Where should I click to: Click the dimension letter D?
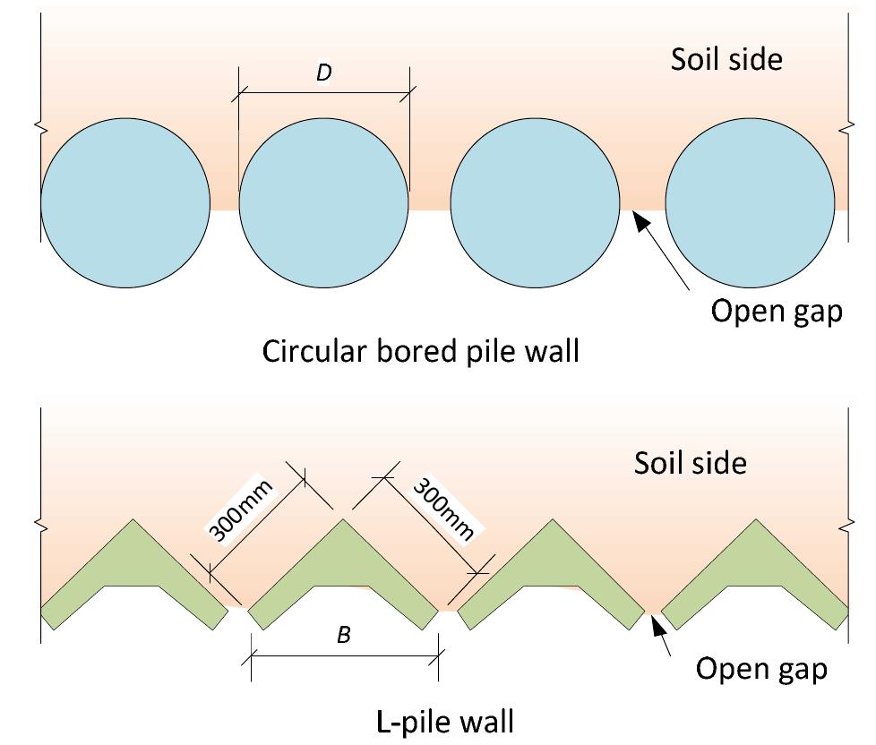pyautogui.click(x=323, y=74)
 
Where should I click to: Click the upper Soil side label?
pyautogui.click(x=726, y=59)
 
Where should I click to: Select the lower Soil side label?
pyautogui.click(x=690, y=463)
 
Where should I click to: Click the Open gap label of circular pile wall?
pyautogui.click(x=776, y=311)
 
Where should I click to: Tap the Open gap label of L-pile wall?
pyautogui.click(x=761, y=669)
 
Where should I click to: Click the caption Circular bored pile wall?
pyautogui.click(x=420, y=351)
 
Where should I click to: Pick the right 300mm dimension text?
pyautogui.click(x=442, y=509)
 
